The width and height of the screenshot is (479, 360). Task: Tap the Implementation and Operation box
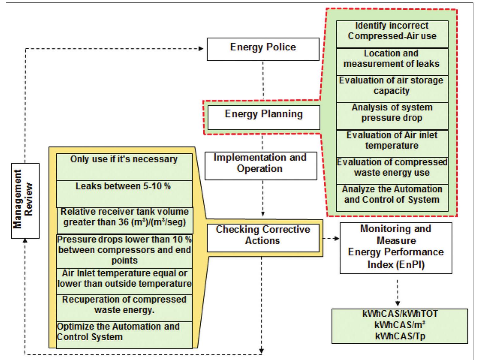261,165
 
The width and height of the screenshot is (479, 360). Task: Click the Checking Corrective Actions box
263,238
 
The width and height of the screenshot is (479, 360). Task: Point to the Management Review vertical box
25,201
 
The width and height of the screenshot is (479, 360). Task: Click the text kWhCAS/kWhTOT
400,314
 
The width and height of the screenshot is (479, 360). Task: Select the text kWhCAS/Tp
400,336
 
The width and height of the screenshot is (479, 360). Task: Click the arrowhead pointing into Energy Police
201,49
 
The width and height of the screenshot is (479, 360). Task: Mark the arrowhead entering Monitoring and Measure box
337,238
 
